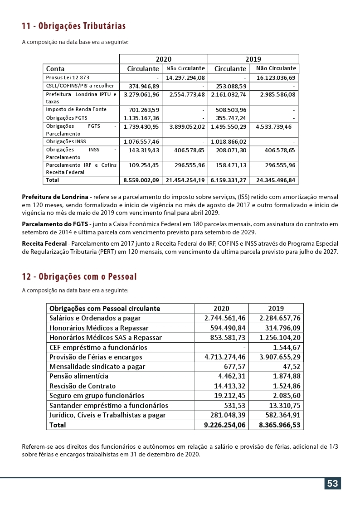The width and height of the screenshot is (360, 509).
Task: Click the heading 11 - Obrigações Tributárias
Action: pos(74,26)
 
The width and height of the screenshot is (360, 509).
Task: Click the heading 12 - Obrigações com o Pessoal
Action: pos(79,276)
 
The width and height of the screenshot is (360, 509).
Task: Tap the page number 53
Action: pos(332,484)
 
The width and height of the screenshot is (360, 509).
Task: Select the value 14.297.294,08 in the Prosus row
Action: pos(185,78)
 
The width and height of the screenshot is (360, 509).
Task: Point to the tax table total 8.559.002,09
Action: pos(141,180)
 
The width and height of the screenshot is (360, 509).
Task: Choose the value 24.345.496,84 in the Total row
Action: pos(276,180)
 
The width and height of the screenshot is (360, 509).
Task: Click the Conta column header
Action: pos(55,69)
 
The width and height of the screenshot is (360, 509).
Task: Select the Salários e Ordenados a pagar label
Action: pos(95,318)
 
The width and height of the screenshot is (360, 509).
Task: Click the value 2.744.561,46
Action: pos(225,318)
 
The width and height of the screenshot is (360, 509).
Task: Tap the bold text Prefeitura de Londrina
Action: pos(55,197)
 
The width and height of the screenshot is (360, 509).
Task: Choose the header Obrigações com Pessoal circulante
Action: pos(105,309)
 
